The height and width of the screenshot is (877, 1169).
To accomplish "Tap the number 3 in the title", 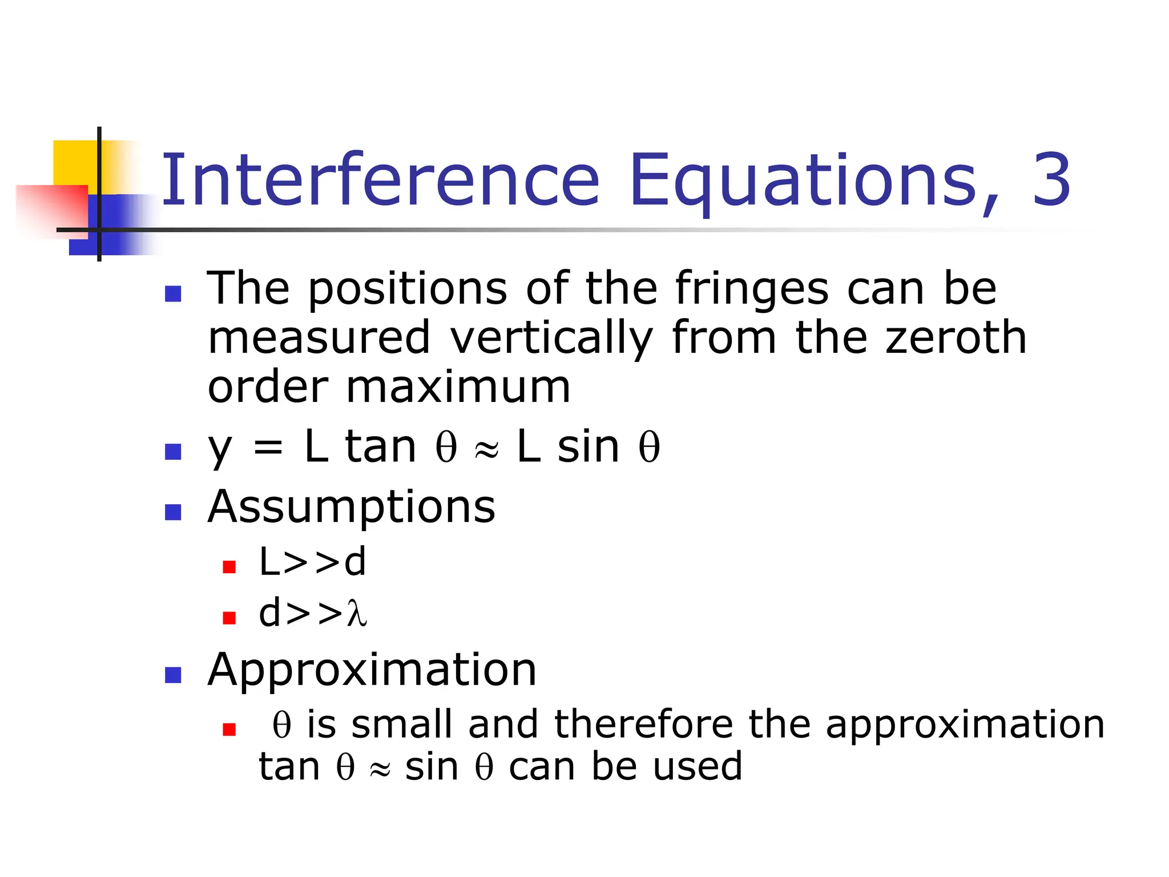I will point(1051,180).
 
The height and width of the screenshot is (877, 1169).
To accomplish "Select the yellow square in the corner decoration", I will point(74,163).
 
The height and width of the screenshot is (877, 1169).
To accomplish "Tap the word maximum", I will point(458,388).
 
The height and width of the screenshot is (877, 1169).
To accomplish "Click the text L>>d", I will point(312,562).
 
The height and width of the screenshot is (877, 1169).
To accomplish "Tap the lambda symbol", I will point(356,614).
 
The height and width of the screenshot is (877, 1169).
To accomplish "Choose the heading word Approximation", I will point(372,670).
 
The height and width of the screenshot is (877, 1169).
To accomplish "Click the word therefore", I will point(643,725).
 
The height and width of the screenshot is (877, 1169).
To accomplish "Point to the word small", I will point(402,725).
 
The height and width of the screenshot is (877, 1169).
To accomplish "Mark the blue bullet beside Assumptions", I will point(172,512).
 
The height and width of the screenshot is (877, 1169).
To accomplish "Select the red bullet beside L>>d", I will point(229,567).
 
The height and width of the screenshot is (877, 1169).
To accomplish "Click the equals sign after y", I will point(268,448).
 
